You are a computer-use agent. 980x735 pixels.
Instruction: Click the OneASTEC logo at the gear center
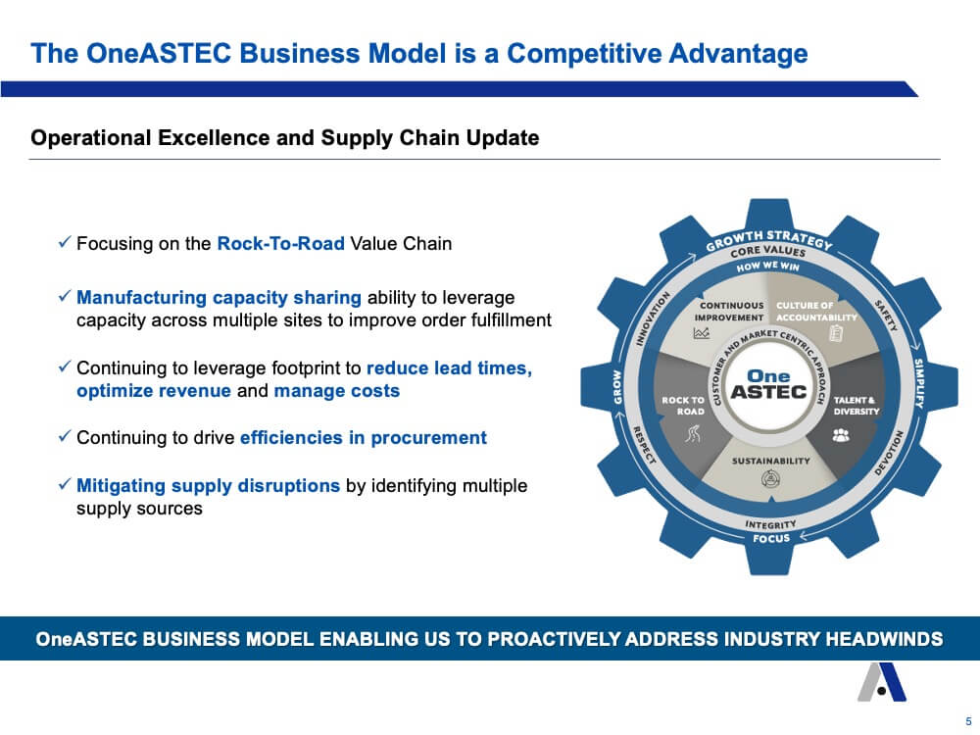(x=768, y=384)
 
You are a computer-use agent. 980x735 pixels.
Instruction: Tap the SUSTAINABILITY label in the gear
(x=770, y=461)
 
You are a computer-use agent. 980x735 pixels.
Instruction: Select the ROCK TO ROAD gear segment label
(x=683, y=406)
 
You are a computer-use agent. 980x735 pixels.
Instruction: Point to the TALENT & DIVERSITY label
(x=857, y=406)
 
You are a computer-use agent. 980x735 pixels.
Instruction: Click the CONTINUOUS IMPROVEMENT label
(x=729, y=312)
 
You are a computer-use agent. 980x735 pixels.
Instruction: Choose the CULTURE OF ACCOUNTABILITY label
(x=816, y=312)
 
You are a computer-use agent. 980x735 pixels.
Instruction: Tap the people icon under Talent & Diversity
(x=841, y=434)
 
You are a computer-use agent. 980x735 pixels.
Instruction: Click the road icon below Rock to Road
(x=693, y=433)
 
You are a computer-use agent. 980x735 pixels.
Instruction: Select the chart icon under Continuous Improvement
(x=702, y=333)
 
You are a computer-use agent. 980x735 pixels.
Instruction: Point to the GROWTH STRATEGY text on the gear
(x=769, y=238)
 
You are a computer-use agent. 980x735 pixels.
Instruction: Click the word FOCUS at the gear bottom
(x=771, y=538)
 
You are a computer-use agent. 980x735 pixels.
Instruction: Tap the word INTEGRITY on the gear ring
(x=770, y=524)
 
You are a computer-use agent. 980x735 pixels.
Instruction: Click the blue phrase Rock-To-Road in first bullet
(x=280, y=243)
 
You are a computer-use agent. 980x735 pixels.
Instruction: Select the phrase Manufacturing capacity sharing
(x=219, y=298)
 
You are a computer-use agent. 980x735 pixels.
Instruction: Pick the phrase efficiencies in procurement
(x=364, y=437)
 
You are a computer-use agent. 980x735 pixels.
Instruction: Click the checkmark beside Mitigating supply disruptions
(x=65, y=484)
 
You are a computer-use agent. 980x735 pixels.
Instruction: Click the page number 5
(x=969, y=721)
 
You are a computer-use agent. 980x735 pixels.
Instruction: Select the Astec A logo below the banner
(x=882, y=682)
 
